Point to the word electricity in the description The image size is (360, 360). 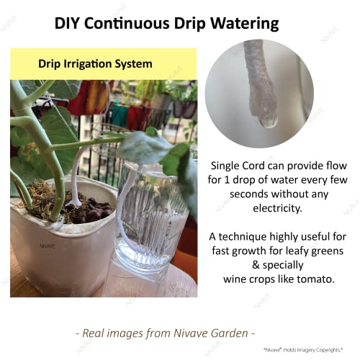[x=277, y=208]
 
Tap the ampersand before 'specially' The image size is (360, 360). [x=256, y=265]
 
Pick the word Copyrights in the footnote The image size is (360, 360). [x=329, y=350]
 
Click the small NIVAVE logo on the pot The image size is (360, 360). [x=48, y=246]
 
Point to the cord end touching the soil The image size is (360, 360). [x=75, y=203]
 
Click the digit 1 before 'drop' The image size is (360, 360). [x=226, y=180]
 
